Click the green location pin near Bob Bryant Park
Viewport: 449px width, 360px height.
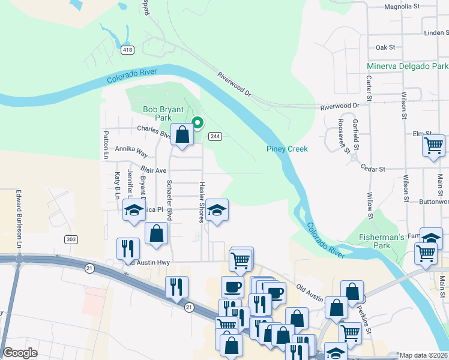click(197, 124)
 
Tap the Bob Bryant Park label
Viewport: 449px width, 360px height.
click(158, 113)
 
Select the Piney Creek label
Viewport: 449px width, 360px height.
click(287, 149)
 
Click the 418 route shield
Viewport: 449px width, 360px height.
click(128, 49)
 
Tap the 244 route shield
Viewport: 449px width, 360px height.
click(215, 137)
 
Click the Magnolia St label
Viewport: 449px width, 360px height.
click(401, 7)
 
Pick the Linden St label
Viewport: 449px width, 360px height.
click(435, 34)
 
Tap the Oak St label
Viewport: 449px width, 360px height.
click(385, 47)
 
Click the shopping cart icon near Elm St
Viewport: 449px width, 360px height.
click(434, 146)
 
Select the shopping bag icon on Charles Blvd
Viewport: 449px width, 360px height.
click(182, 135)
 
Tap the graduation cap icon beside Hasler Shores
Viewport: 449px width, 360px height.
click(217, 211)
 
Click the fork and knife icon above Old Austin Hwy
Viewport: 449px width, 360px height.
click(127, 248)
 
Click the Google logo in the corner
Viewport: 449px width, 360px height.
click(20, 353)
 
